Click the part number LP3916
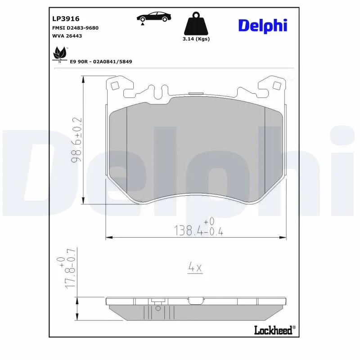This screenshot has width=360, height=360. [66, 18]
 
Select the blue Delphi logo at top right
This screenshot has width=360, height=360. [262, 25]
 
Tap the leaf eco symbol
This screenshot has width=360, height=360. [59, 54]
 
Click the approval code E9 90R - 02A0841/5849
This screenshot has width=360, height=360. [100, 61]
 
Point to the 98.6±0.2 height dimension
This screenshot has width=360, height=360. [77, 139]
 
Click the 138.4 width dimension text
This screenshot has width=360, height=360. [198, 231]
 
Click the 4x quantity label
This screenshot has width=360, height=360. [196, 268]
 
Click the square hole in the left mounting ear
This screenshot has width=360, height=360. [114, 85]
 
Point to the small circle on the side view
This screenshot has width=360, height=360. [157, 308]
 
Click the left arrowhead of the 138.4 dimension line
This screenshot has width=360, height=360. [108, 237]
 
